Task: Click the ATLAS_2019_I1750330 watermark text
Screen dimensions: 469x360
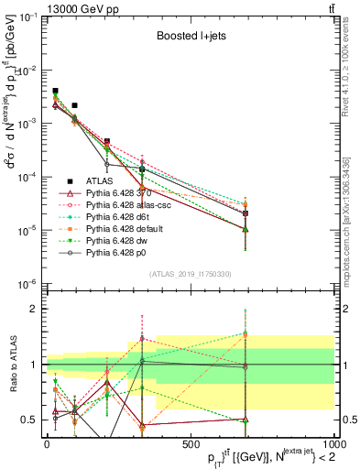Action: point(190,274)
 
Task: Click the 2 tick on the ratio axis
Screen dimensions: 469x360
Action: point(38,309)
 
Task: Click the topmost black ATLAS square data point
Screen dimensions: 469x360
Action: point(55,92)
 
